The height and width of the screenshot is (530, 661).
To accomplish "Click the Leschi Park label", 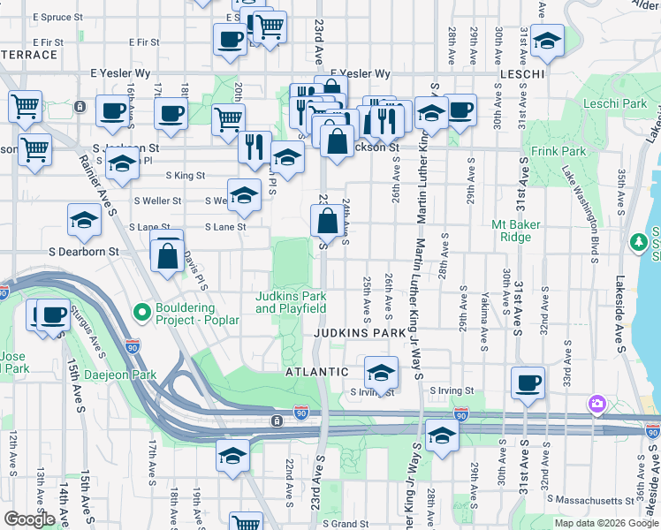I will pyautogui.click(x=615, y=104).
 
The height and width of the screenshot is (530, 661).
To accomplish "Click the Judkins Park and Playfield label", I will pyautogui.click(x=292, y=302).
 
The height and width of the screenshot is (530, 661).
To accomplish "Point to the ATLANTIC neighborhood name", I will pyautogui.click(x=316, y=373).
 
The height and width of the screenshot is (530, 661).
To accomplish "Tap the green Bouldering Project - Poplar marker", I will pyautogui.click(x=141, y=313).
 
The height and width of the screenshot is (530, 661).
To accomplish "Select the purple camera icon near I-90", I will pyautogui.click(x=598, y=404).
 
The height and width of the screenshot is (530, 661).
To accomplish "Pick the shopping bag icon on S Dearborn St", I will pyautogui.click(x=167, y=256).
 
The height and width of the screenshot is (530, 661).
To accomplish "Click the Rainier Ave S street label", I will pyautogui.click(x=99, y=184).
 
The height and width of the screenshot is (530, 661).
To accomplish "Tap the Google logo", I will pyautogui.click(x=29, y=519).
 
